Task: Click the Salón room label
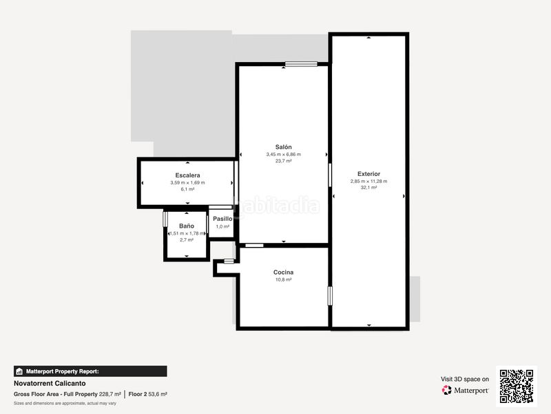283,147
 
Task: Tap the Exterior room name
368,174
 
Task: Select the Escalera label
187,175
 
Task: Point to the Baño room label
187,226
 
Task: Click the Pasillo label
222,219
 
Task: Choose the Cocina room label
283,273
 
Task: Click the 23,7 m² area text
283,161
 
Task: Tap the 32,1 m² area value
368,188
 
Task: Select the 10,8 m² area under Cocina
283,280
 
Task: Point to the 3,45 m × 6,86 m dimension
283,155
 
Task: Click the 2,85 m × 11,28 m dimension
368,181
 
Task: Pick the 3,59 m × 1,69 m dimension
187,183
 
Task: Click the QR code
517,386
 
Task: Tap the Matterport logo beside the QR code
465,390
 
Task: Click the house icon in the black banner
19,371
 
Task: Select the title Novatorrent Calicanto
50,384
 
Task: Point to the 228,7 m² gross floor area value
110,394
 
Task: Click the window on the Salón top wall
301,64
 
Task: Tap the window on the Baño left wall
165,219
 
